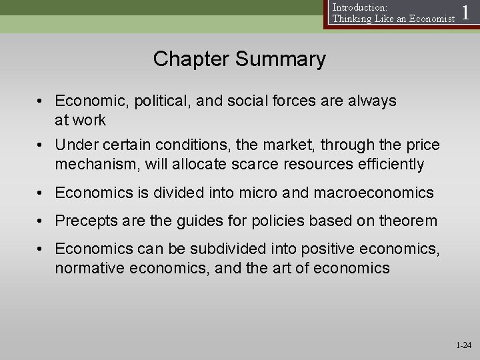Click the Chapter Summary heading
click(239, 59)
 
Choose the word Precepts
click(84, 221)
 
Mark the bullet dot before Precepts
click(41, 221)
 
